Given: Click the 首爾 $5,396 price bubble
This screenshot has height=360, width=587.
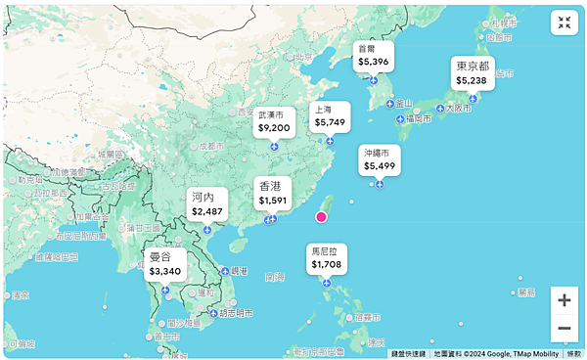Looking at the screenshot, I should [x=373, y=56].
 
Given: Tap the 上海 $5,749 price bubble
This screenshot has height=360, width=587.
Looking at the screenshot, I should [x=329, y=116].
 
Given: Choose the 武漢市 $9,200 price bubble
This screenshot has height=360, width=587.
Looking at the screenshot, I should [x=274, y=121].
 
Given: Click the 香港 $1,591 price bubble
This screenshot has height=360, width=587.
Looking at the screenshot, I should [x=272, y=194].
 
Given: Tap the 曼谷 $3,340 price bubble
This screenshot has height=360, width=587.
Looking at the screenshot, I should [x=164, y=264].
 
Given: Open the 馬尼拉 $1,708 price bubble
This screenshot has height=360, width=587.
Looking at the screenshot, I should [x=326, y=257].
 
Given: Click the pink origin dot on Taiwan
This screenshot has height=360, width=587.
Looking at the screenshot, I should [x=320, y=217].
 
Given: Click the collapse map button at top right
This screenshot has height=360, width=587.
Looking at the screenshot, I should [x=564, y=23].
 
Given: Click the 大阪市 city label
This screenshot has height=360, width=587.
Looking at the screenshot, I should [x=459, y=109].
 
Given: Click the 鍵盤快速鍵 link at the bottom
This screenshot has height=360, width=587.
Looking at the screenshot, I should [x=408, y=354].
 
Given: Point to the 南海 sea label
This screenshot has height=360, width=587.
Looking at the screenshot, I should [x=274, y=277].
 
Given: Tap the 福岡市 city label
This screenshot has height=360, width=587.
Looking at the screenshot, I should [x=415, y=119].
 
